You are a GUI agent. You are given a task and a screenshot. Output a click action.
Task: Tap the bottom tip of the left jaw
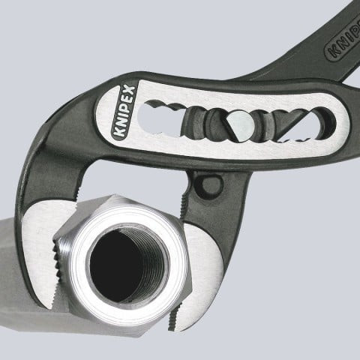pyautogui.click(x=46, y=304)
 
